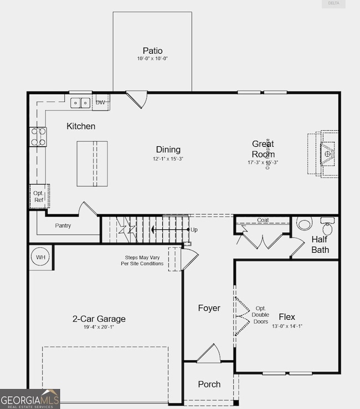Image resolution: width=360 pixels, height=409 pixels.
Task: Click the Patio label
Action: coord(152,50)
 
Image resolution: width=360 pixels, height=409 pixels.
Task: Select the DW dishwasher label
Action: coord(100,103)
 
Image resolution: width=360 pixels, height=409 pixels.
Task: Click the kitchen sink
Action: coord(80,103)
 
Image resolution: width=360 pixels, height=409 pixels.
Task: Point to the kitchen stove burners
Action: coord(38,137)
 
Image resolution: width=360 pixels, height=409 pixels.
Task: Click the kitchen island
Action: coord(92,163)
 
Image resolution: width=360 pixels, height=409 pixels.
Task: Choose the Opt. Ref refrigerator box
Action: coord(39,196)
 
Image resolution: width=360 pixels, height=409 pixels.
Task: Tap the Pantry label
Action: coord(63,226)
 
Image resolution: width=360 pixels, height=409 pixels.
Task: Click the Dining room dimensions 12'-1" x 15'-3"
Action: coord(168,159)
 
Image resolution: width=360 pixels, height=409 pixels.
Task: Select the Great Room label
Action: coord(263,149)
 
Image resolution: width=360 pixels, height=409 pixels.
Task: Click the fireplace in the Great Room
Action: coord(328,152)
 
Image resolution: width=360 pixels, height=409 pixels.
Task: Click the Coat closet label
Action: coord(263,220)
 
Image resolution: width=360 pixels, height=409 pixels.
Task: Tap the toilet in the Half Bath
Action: coord(304,223)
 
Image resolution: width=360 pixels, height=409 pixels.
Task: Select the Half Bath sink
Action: coord(327,227)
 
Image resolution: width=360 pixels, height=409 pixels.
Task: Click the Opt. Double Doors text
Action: coord(260,315)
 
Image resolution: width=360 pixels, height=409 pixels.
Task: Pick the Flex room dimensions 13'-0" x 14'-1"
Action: coord(287,326)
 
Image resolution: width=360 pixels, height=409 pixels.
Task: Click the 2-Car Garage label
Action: coord(99,319)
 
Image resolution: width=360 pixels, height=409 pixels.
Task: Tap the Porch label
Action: coord(209,384)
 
